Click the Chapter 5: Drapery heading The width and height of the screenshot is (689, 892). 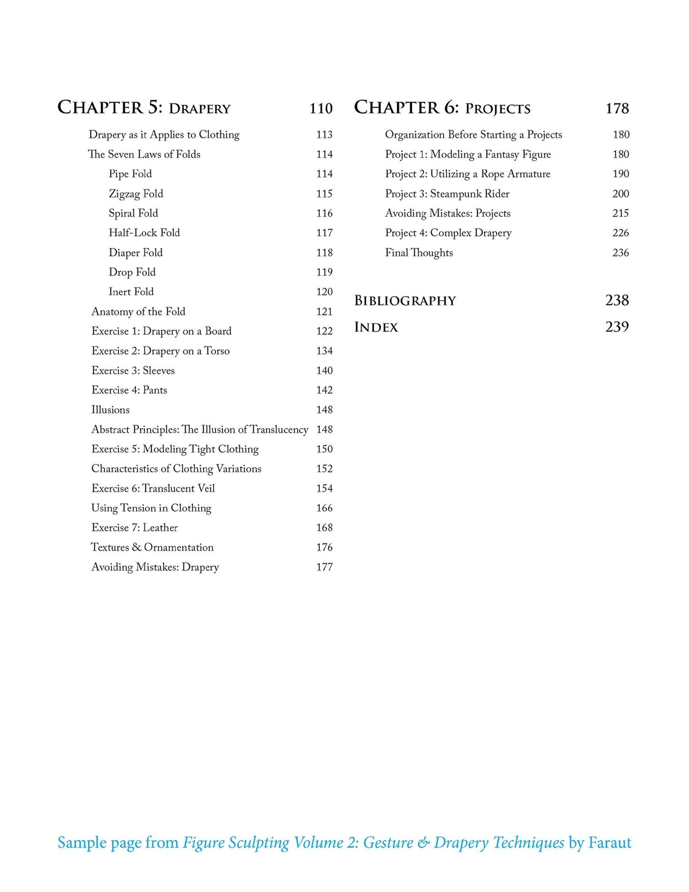144,108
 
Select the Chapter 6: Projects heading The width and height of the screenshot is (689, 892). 442,108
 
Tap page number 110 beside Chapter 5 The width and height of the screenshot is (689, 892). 321,109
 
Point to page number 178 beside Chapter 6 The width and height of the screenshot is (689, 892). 617,109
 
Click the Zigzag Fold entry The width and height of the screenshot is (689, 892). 136,194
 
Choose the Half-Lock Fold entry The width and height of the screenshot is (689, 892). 144,233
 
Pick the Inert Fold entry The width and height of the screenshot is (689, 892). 131,291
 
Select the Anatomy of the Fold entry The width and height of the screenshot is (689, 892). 138,311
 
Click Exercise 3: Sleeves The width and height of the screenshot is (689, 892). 133,370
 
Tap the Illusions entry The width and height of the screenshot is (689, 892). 110,410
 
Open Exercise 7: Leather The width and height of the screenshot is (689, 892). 134,527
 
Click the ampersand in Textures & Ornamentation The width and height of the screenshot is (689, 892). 137,547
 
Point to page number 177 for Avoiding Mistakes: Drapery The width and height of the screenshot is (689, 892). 324,567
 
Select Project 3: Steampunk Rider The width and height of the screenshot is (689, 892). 447,194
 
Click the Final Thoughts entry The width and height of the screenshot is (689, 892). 419,253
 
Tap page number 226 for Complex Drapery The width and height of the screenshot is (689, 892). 620,233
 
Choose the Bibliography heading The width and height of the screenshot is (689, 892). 405,301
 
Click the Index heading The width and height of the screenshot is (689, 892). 376,327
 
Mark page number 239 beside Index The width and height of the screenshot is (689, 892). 617,327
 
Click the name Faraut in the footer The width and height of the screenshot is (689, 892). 609,843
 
